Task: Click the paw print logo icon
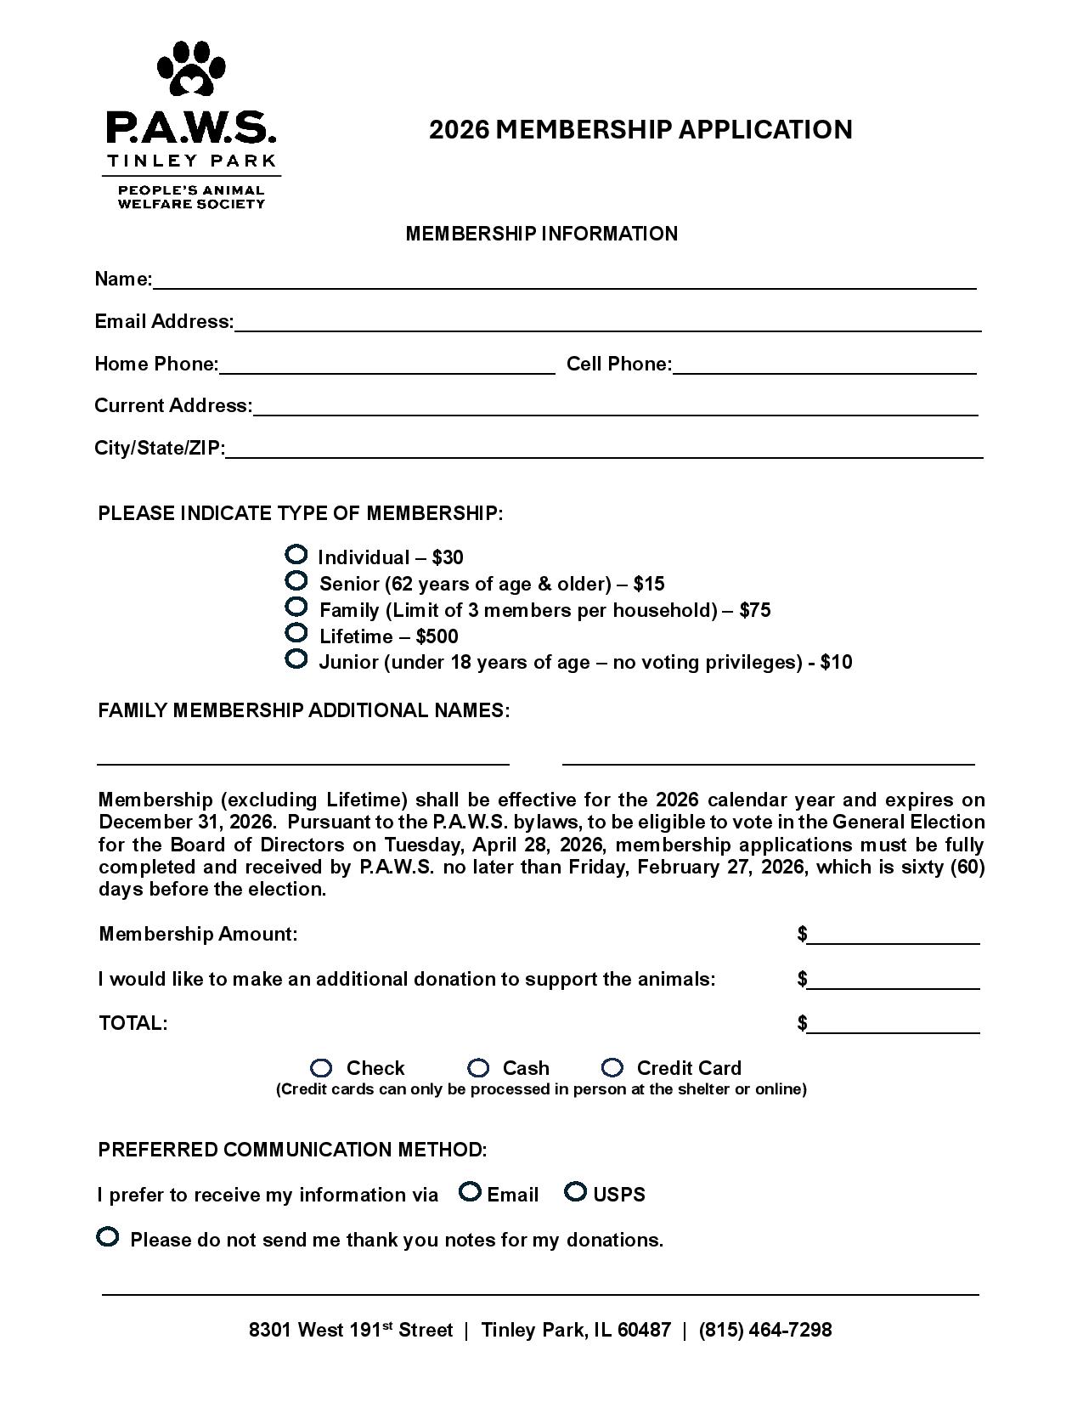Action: coord(191,69)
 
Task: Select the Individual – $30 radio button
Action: coord(296,555)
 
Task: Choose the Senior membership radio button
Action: coord(296,581)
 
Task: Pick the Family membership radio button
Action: coord(296,608)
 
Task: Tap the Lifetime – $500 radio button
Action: coord(296,633)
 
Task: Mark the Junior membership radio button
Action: coord(296,659)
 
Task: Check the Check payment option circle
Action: coord(321,1068)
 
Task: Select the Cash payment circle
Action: coord(479,1068)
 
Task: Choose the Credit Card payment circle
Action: coord(612,1068)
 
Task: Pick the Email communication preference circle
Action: coord(470,1192)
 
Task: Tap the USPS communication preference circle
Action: coord(576,1192)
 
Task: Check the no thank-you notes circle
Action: coord(108,1237)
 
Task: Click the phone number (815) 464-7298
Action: coord(765,1330)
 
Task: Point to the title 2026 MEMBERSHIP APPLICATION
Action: coord(640,129)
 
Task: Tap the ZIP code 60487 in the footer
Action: coord(644,1330)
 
